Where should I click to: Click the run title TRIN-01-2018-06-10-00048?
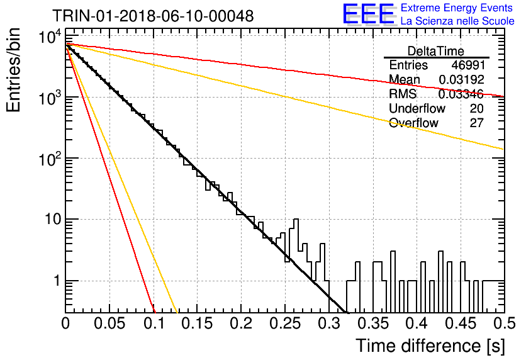pos(153,16)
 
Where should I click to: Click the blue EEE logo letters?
pos(369,14)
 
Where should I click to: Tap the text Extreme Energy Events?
pos(457,8)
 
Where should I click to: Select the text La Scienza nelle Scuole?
pos(457,21)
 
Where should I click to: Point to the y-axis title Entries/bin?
pos(14,70)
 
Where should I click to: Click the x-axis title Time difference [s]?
pos(430,346)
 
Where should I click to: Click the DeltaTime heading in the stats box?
pos(436,51)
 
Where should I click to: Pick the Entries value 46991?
pos(468,65)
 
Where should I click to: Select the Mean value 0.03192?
pos(461,79)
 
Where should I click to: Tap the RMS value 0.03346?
pos(461,94)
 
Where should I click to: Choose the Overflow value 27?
pos(476,123)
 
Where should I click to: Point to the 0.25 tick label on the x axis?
pos(285,323)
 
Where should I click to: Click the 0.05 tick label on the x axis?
pos(109,323)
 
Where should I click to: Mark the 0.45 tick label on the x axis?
pos(461,323)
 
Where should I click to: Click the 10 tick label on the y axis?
pos(53,220)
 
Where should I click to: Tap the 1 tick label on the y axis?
pos(57,281)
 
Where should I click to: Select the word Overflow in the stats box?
pos(413,123)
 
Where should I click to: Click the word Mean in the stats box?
pos(404,79)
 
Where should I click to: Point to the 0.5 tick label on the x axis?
pos(505,323)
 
